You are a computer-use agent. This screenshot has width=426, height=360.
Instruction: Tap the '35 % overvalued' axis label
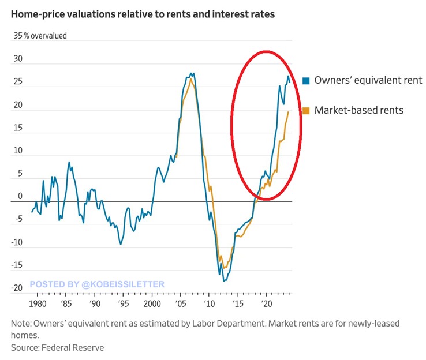coord(40,36)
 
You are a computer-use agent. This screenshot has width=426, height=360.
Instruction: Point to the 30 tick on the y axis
coord(18,59)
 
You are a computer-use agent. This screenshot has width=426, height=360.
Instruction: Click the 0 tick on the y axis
coord(20,197)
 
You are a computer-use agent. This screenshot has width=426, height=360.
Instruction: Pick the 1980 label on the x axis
coord(37,303)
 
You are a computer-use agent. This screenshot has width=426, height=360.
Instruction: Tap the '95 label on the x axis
coord(123,303)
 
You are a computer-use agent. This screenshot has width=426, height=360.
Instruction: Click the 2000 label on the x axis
coord(151,303)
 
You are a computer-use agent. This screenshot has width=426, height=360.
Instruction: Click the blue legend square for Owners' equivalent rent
coord(307,80)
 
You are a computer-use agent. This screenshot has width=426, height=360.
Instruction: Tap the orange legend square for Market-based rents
coord(307,110)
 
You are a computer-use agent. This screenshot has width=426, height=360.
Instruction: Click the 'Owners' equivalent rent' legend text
coord(368,80)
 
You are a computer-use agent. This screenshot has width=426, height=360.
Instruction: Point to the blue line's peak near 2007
coord(192,74)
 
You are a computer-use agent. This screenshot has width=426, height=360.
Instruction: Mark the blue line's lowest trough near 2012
coord(223,280)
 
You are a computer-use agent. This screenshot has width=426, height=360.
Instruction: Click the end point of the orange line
coord(288,112)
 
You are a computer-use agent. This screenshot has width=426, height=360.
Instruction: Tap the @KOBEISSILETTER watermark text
coord(97,284)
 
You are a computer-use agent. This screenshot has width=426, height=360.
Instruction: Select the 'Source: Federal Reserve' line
coord(57,347)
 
